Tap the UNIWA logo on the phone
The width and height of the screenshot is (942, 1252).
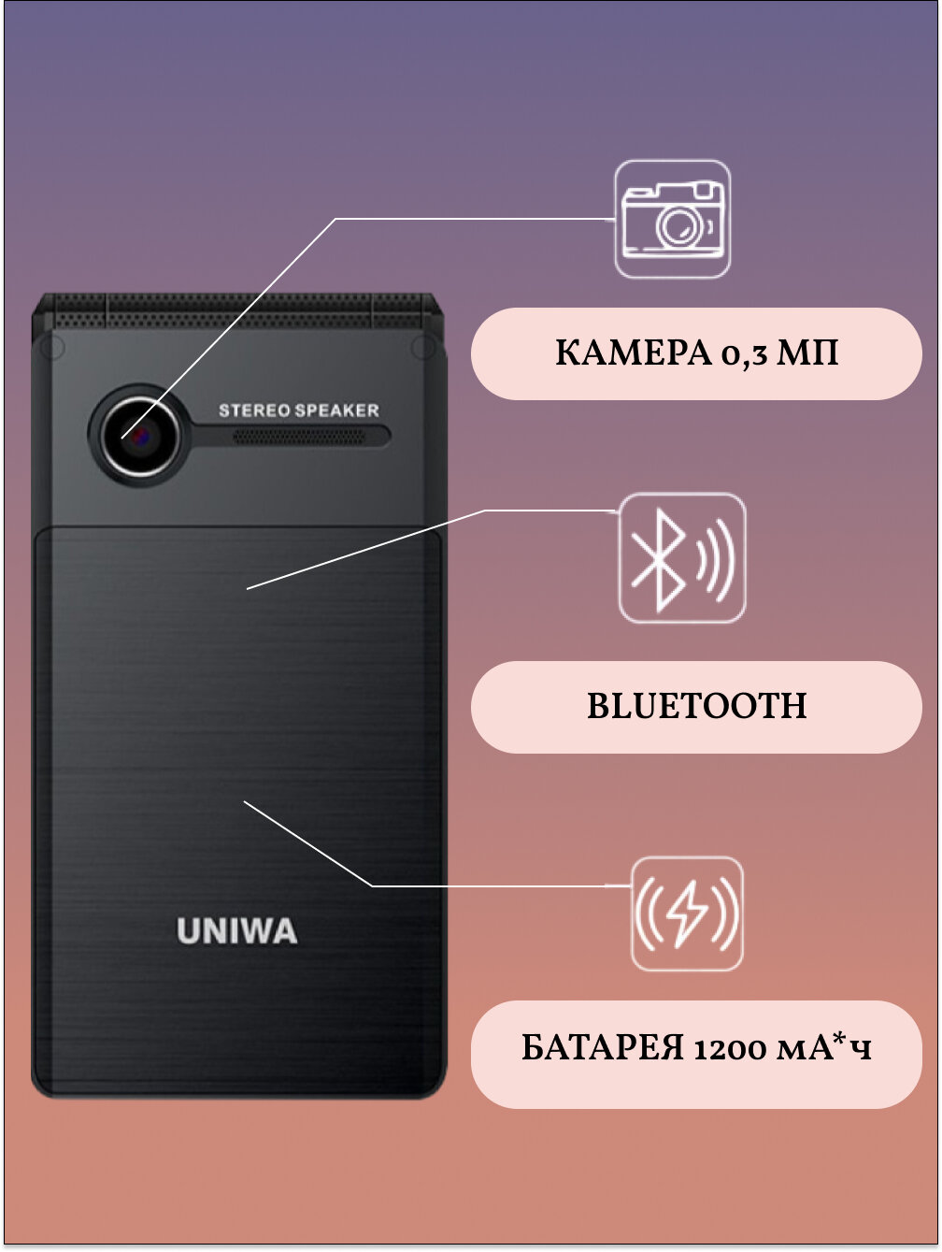237,931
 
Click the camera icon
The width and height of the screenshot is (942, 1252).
672,220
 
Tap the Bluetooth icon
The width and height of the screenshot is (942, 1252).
658,559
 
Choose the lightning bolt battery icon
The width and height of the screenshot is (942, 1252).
687,914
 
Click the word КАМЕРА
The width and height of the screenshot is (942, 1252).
633,353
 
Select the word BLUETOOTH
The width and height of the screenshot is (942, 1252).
696,706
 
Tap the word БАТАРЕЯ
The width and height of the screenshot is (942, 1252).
603,1048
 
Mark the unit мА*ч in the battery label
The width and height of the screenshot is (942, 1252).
825,1048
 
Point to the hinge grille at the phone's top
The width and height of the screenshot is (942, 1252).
238,309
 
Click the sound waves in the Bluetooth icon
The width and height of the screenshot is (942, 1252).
716,560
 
